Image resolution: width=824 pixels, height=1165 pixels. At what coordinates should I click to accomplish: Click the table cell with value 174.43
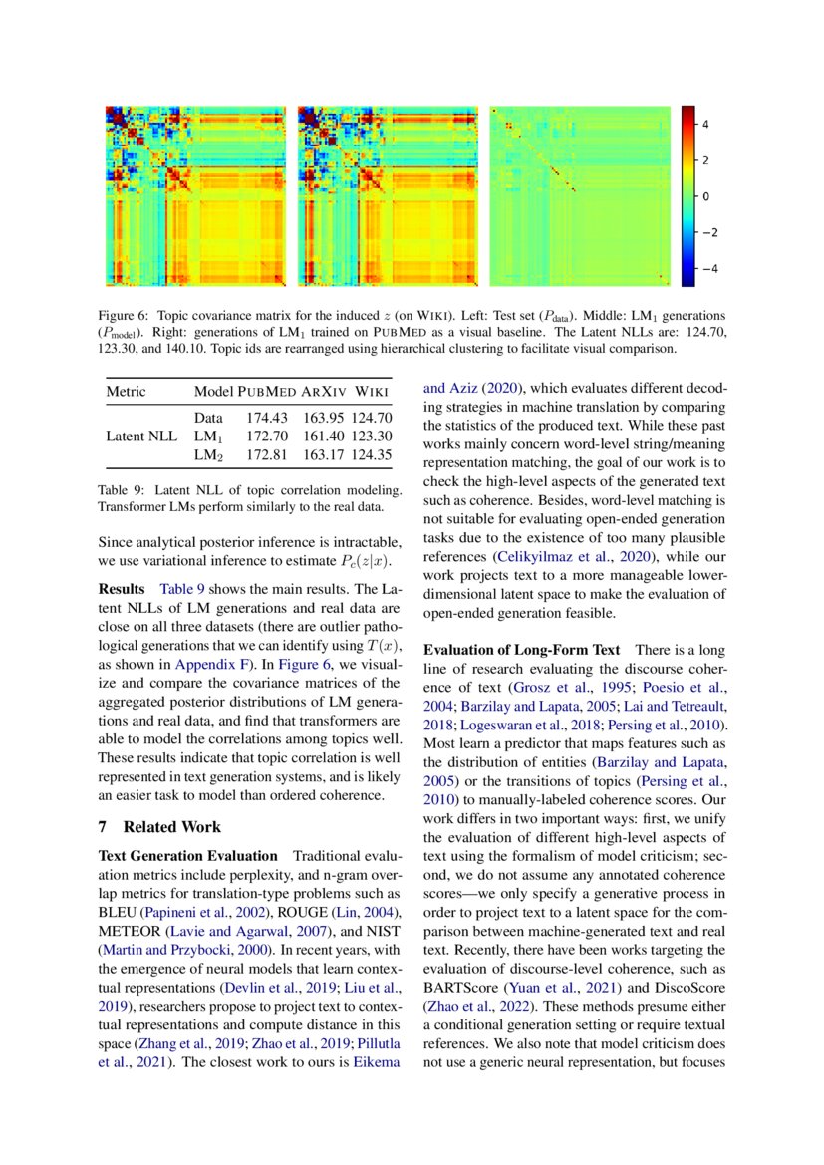click(267, 418)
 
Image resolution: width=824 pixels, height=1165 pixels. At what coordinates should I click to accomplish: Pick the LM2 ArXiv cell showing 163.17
click(324, 454)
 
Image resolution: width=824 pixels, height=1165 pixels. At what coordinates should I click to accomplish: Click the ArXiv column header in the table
click(324, 390)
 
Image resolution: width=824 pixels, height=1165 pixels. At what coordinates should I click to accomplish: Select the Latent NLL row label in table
click(141, 437)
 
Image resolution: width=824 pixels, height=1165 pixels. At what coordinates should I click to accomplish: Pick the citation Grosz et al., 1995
click(563, 688)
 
